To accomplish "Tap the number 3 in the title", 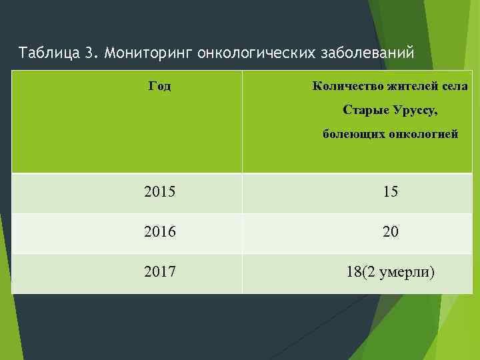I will pos(90,52).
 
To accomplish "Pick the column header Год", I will pos(159,86).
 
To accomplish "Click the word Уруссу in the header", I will pos(415,109).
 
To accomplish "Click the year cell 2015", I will pos(159,192).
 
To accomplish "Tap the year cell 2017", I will pos(159,271).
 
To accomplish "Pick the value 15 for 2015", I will pos(391,192).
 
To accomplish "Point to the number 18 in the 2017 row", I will pos(354,271).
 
